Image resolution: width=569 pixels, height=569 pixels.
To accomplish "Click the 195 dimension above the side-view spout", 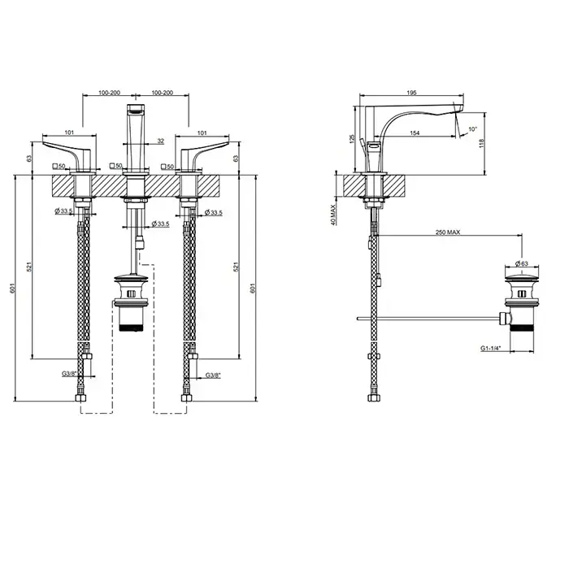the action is (x=411, y=93).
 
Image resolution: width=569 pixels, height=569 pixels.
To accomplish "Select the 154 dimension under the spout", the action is (x=415, y=132).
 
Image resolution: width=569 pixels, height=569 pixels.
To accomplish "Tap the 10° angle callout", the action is (x=472, y=128).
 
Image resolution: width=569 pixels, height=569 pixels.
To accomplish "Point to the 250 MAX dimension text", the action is (x=448, y=232).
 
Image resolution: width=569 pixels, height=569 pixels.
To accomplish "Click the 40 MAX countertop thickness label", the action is (x=333, y=214).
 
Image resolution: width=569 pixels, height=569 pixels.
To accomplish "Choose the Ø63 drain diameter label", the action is (x=522, y=263).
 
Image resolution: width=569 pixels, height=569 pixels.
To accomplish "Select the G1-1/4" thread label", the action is (x=491, y=349).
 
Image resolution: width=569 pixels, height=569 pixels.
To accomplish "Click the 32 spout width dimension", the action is (x=160, y=141).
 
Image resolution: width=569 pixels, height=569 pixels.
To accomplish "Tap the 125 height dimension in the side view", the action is (x=351, y=139).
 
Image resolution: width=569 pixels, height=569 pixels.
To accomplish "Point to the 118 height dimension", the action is (x=482, y=144).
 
